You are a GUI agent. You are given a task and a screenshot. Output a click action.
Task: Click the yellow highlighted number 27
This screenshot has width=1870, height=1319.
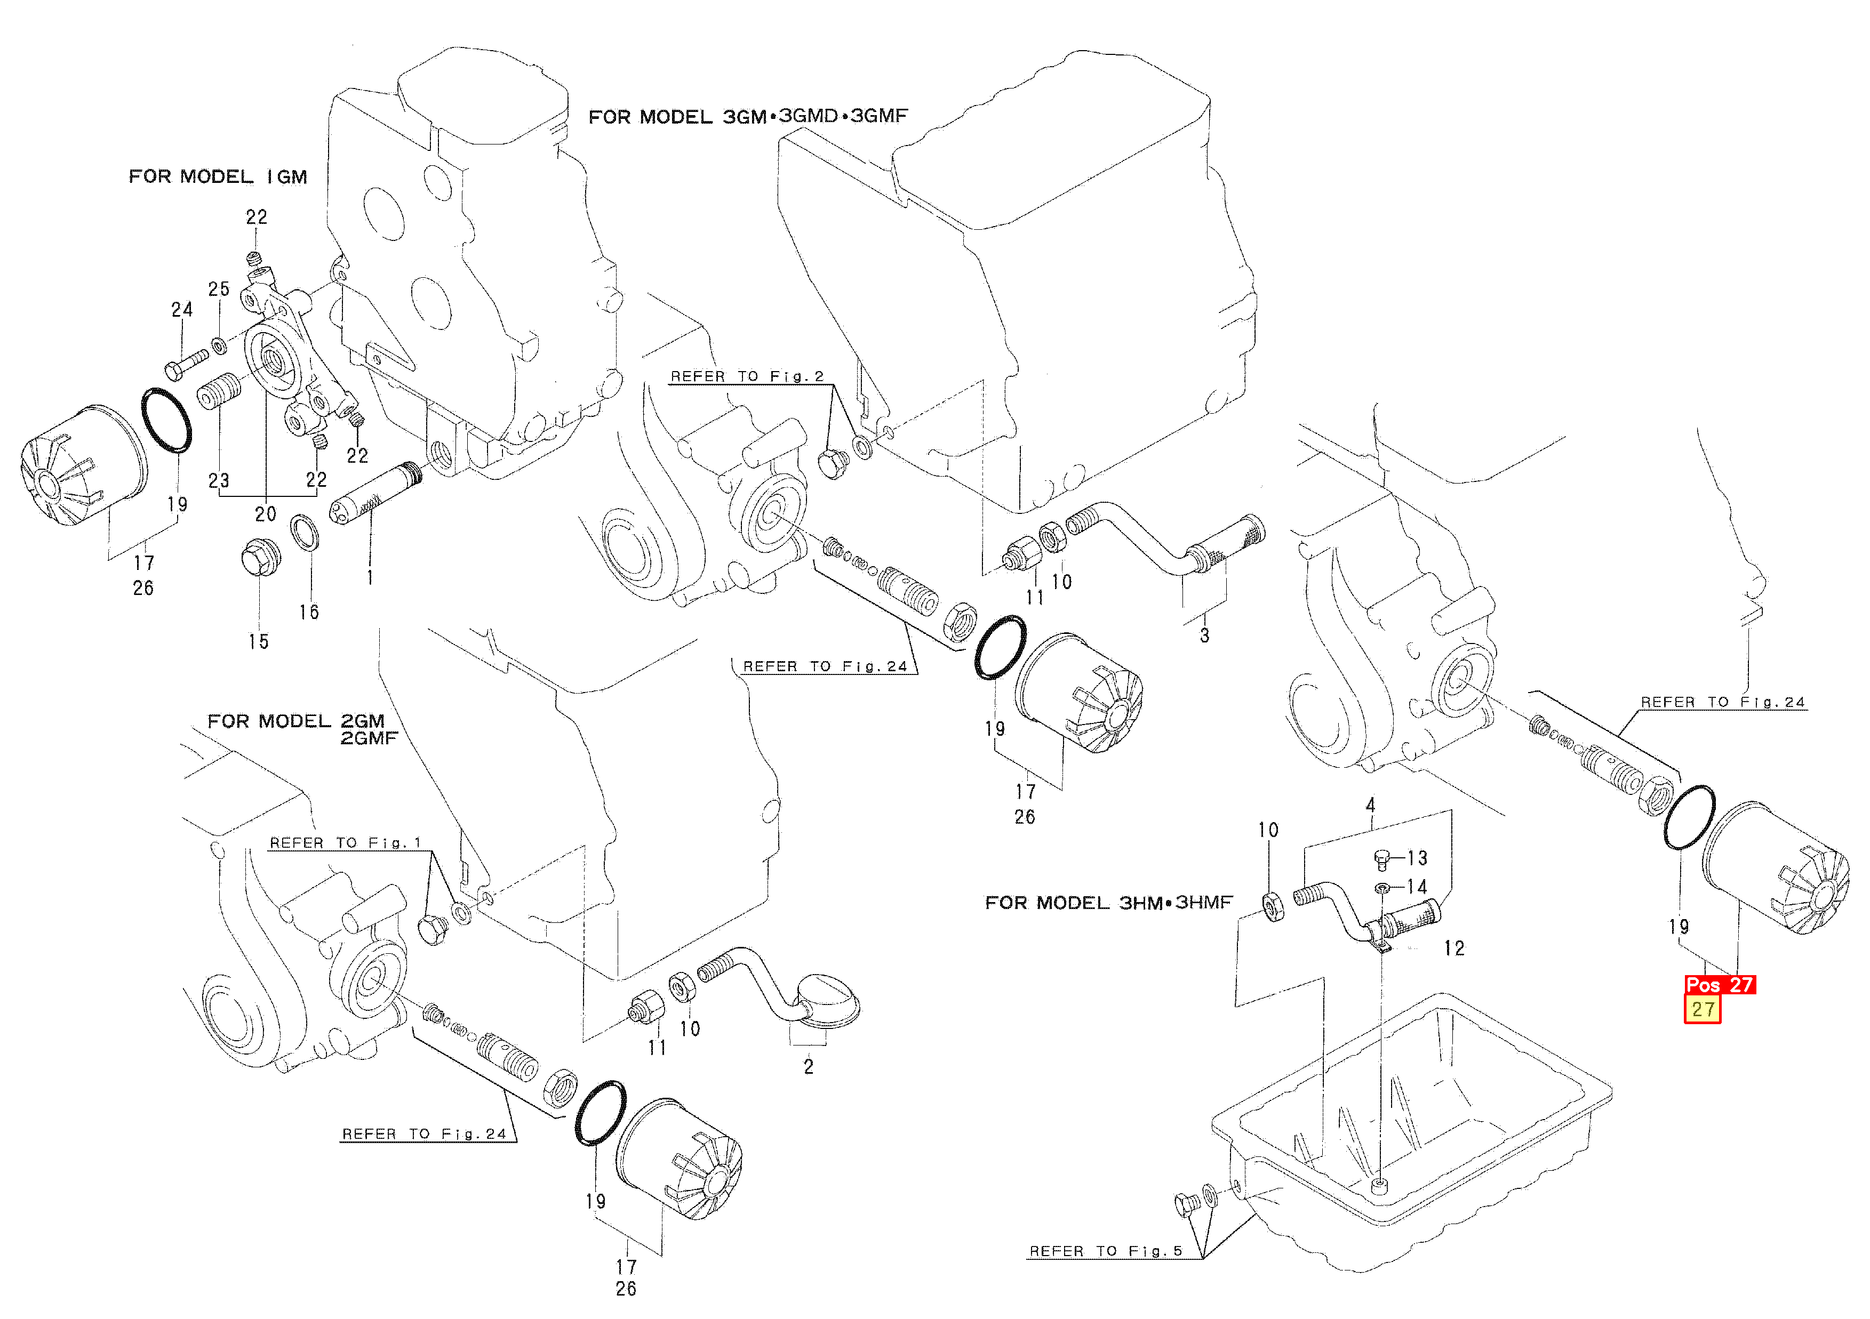[x=1701, y=1010]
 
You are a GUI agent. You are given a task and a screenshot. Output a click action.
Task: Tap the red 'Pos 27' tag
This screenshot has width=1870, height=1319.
[x=1720, y=984]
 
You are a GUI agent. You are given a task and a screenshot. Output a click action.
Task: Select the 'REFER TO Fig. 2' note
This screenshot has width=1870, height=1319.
[x=747, y=376]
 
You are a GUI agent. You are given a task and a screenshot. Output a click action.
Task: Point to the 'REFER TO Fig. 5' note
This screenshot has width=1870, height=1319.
[x=1105, y=1251]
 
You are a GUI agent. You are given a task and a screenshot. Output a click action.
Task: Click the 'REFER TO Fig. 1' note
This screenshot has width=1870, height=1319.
[x=345, y=843]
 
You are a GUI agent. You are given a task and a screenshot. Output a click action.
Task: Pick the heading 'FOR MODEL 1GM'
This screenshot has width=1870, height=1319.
[x=218, y=176]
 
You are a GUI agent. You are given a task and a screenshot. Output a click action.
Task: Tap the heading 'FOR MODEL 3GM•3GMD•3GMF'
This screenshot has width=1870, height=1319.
[x=748, y=116]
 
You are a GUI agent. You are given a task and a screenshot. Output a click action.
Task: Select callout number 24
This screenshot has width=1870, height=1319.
[x=182, y=309]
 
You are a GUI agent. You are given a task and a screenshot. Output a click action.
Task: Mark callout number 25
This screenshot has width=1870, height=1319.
[x=218, y=289]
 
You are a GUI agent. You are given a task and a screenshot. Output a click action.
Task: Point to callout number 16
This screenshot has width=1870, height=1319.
[x=309, y=612]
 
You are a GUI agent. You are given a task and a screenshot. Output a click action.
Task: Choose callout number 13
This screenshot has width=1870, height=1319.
[x=1417, y=858]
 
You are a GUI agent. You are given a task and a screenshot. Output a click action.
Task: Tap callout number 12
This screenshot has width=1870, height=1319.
[x=1454, y=948]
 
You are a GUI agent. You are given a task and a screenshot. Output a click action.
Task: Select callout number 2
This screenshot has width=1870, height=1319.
[x=809, y=1067]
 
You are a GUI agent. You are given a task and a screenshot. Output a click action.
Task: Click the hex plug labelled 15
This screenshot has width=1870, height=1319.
[x=261, y=557]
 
